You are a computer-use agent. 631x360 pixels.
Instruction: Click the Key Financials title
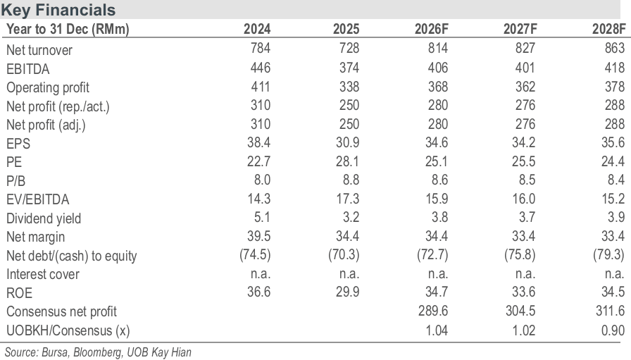58,10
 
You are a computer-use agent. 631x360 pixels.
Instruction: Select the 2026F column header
432,29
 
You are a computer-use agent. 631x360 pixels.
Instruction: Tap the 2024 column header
257,29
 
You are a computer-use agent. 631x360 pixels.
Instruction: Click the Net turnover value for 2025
349,49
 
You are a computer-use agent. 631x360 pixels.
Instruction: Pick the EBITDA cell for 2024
261,67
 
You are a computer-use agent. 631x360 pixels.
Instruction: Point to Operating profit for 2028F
615,86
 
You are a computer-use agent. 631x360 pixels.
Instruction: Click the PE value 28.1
347,161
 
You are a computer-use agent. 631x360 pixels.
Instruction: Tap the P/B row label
15,181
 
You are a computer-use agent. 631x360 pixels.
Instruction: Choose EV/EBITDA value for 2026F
436,199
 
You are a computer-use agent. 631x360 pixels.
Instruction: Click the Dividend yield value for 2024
262,218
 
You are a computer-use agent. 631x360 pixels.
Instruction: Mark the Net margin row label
35,237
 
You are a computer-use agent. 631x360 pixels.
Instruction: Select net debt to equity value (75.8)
520,255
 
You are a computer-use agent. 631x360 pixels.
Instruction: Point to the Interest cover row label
43,274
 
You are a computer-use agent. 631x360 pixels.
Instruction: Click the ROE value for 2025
347,292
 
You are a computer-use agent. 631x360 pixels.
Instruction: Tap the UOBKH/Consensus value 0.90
613,330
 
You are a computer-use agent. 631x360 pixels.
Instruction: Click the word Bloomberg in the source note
98,352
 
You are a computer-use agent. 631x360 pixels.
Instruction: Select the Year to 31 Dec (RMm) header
68,29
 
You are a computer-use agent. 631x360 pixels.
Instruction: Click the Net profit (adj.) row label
46,125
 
